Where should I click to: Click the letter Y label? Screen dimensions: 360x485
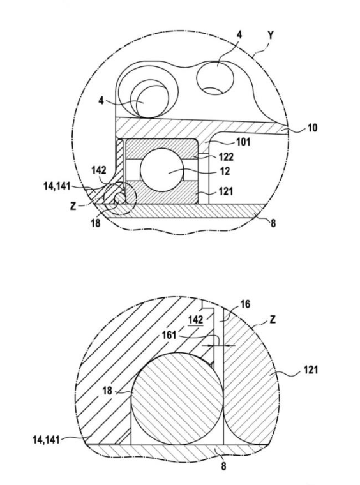[x=271, y=35]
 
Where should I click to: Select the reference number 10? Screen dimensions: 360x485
[x=311, y=128]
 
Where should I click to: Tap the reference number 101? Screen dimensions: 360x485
[x=243, y=142]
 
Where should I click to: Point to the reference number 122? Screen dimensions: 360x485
[x=226, y=157]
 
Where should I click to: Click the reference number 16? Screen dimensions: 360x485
[x=245, y=304]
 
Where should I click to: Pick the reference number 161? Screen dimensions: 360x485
[x=169, y=334]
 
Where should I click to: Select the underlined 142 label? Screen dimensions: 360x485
[x=196, y=319]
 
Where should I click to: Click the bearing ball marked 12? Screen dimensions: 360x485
[x=162, y=170]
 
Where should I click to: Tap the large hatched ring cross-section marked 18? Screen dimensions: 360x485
[x=177, y=399]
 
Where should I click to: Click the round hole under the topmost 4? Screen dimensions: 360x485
[x=215, y=77]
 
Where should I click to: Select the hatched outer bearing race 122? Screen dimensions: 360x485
[x=161, y=149]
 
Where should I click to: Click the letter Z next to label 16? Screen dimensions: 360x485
[x=272, y=319]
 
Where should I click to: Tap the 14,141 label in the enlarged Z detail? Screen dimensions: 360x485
[x=46, y=440]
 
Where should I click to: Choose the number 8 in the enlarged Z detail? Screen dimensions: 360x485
[x=223, y=466]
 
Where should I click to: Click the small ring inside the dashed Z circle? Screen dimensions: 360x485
[x=119, y=197]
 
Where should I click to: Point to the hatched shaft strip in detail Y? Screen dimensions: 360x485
[x=183, y=211]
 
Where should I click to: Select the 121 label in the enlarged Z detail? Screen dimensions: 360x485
[x=310, y=369]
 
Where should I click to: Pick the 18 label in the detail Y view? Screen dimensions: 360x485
[x=96, y=223]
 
